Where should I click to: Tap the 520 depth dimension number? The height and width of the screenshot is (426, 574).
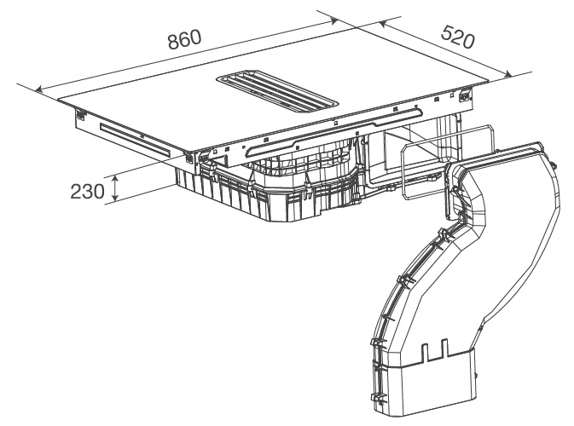click(x=457, y=35)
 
